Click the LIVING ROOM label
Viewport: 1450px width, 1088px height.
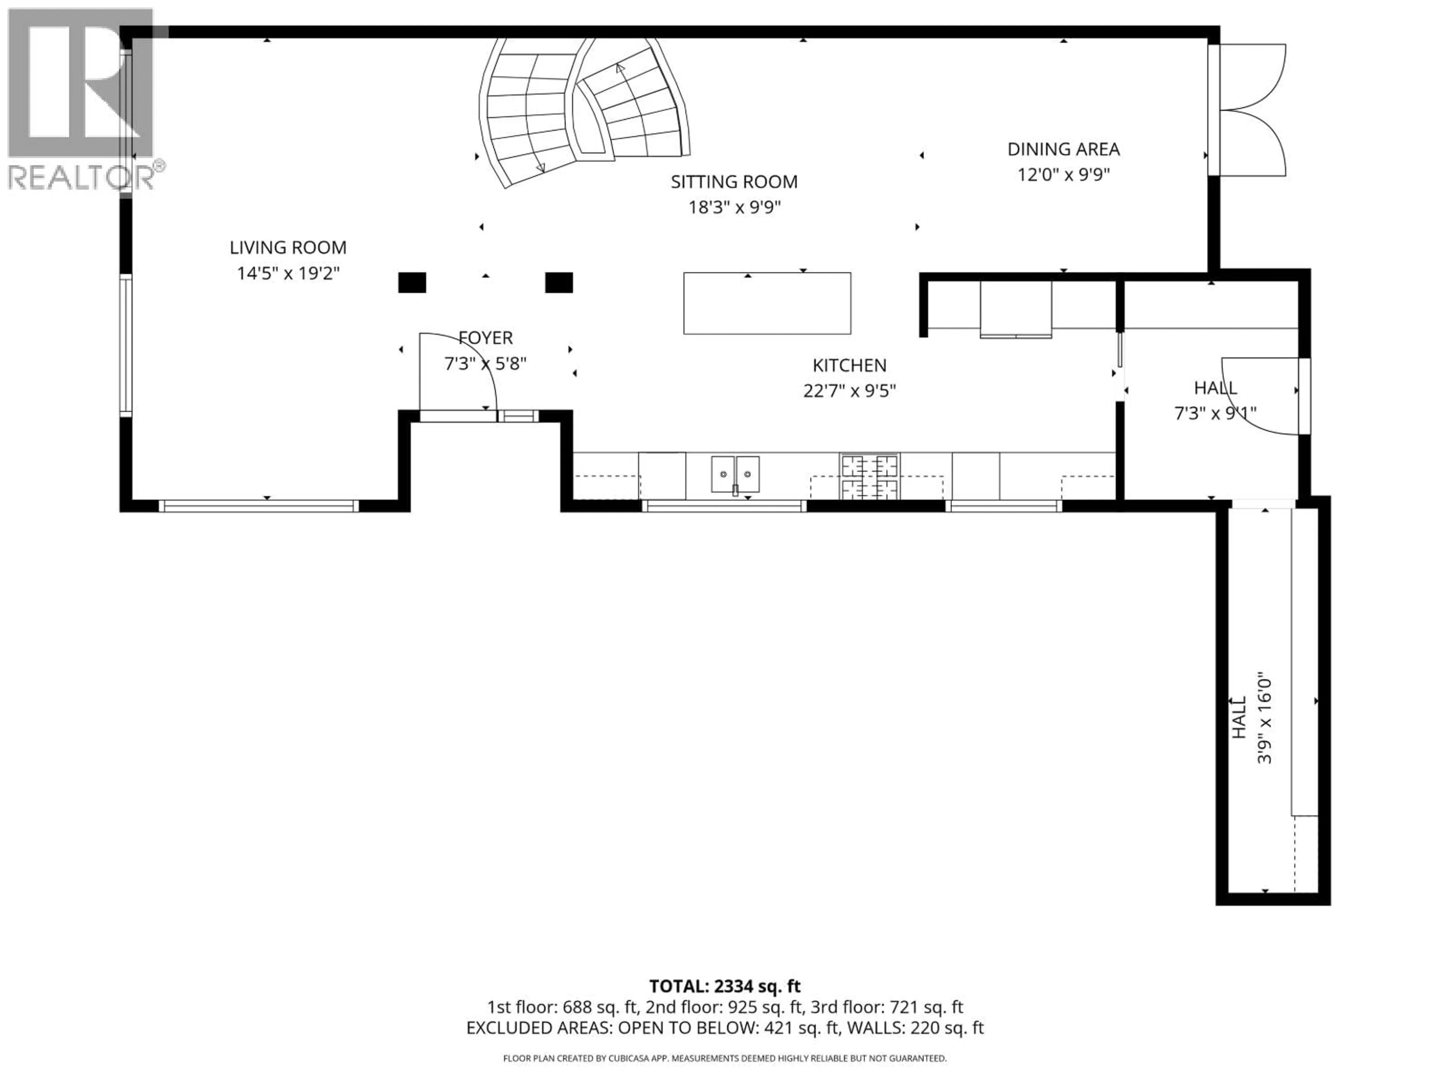288,247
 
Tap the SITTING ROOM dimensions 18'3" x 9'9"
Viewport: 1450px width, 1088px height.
734,208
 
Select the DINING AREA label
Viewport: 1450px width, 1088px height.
1063,150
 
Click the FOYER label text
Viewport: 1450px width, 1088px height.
486,338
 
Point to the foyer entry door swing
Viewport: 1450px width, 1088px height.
459,374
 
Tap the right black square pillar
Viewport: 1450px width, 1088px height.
559,283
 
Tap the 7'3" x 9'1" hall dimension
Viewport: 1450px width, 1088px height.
1215,414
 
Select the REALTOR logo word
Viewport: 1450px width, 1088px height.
82,178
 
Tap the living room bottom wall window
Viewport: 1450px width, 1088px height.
259,505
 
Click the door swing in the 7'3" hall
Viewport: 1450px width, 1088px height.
1262,397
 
